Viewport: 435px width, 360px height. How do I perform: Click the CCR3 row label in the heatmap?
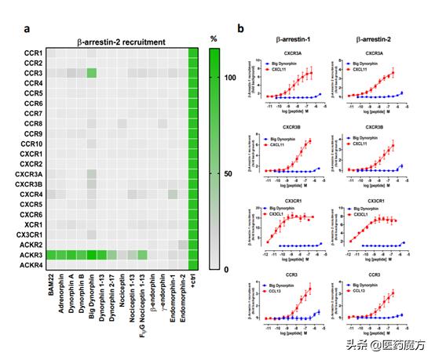tap(33, 73)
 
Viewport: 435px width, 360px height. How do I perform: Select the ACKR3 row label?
tap(31, 255)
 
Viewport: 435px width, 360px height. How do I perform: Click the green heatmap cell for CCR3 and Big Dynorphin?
tap(92, 73)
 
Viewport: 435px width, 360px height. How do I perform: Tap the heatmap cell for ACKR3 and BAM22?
tap(51, 255)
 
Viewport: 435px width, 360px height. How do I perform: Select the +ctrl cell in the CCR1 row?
tap(194, 53)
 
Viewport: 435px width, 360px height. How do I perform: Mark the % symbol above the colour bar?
tap(214, 38)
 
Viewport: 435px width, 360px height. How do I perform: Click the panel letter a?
tap(27, 29)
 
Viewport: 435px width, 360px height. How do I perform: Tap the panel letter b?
tap(240, 29)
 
